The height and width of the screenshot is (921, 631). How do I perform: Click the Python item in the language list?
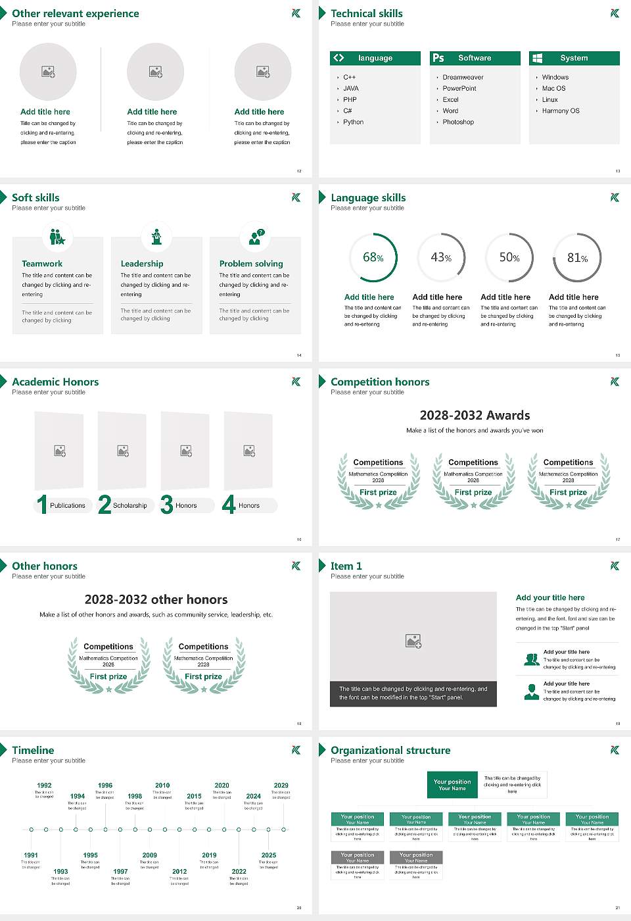pyautogui.click(x=353, y=122)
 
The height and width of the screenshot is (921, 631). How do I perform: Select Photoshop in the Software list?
pyautogui.click(x=458, y=122)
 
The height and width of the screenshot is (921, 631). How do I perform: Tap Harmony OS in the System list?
pyautogui.click(x=561, y=111)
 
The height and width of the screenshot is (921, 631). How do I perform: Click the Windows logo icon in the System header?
pyautogui.click(x=537, y=58)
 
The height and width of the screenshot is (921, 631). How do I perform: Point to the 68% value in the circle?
pyautogui.click(x=373, y=258)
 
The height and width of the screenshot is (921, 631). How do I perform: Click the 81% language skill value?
pyautogui.click(x=577, y=258)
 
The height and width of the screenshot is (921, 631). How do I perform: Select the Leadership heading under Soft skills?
pyautogui.click(x=142, y=264)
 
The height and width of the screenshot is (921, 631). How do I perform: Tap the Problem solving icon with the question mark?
pyautogui.click(x=256, y=237)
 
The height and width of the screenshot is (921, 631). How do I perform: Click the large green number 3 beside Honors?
pyautogui.click(x=166, y=505)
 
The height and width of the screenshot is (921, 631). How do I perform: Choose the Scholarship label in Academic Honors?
pyautogui.click(x=129, y=506)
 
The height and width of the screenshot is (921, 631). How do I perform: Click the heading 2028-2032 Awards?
pyautogui.click(x=475, y=416)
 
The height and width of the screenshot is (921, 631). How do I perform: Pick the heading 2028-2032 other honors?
pyautogui.click(x=156, y=600)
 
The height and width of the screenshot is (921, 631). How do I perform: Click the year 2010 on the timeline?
pyautogui.click(x=162, y=785)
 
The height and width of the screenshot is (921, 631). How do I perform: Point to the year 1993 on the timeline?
pyautogui.click(x=60, y=872)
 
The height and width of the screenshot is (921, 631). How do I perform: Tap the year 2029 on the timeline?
pyautogui.click(x=281, y=785)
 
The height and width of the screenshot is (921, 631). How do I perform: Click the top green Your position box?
pyautogui.click(x=452, y=785)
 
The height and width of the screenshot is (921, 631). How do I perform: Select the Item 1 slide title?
pyautogui.click(x=346, y=566)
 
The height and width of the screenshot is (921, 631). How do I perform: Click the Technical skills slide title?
pyautogui.click(x=366, y=14)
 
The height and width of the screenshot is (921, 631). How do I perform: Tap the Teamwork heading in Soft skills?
pyautogui.click(x=42, y=264)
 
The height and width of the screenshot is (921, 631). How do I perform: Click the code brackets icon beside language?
pyautogui.click(x=339, y=58)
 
